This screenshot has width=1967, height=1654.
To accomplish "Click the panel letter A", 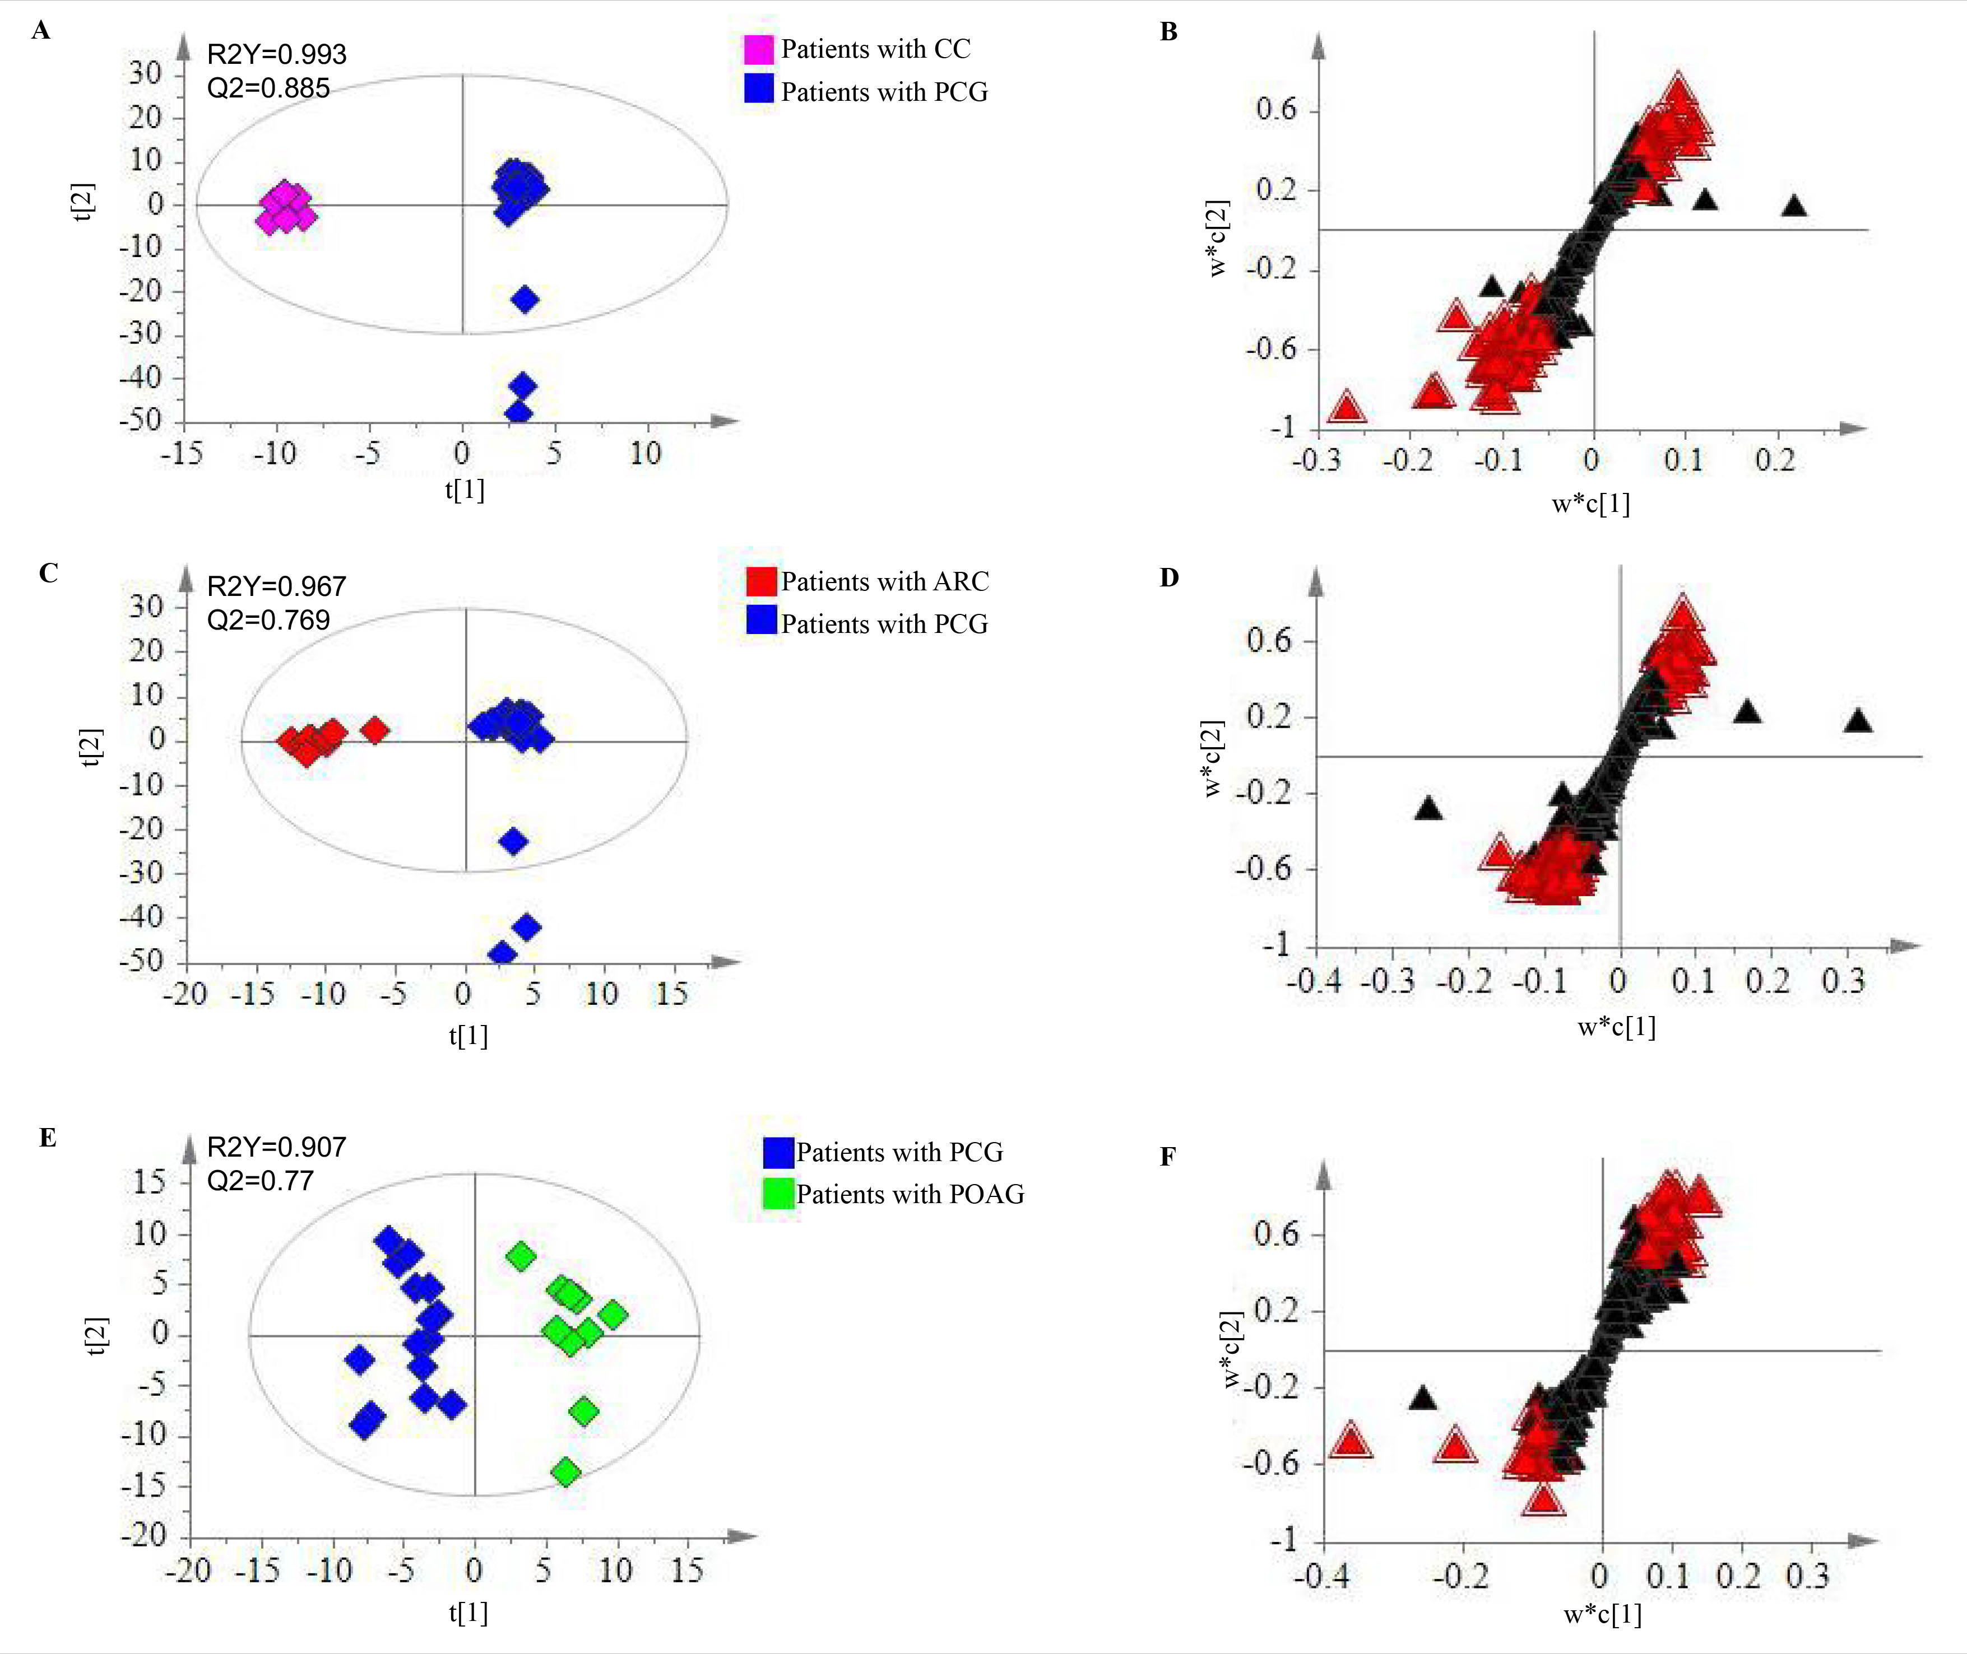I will [x=40, y=31].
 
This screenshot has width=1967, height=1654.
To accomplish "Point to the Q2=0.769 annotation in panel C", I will [x=268, y=620].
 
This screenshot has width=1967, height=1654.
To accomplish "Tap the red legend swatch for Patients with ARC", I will [x=762, y=581].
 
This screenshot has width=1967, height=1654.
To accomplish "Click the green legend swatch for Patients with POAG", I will [x=778, y=1194].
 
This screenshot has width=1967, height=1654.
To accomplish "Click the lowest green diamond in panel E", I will [x=565, y=1472].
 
